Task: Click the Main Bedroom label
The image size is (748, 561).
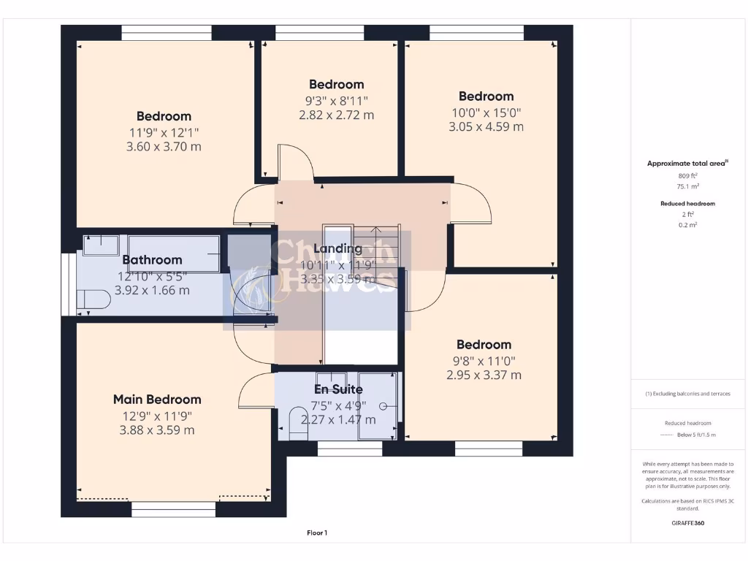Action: click(x=156, y=400)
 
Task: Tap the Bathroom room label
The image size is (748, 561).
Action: click(x=152, y=260)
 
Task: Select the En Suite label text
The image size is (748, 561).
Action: click(x=338, y=389)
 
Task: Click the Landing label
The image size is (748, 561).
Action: click(x=337, y=249)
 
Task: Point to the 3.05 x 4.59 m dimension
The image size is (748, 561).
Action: click(x=486, y=126)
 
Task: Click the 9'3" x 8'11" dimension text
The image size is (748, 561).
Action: click(x=336, y=100)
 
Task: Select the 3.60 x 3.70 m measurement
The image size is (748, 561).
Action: click(x=164, y=147)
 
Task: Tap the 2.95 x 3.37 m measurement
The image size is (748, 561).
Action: click(x=484, y=375)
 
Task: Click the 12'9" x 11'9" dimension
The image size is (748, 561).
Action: click(x=156, y=416)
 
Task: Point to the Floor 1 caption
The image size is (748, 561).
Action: click(x=317, y=533)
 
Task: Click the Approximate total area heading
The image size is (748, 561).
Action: click(x=687, y=164)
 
